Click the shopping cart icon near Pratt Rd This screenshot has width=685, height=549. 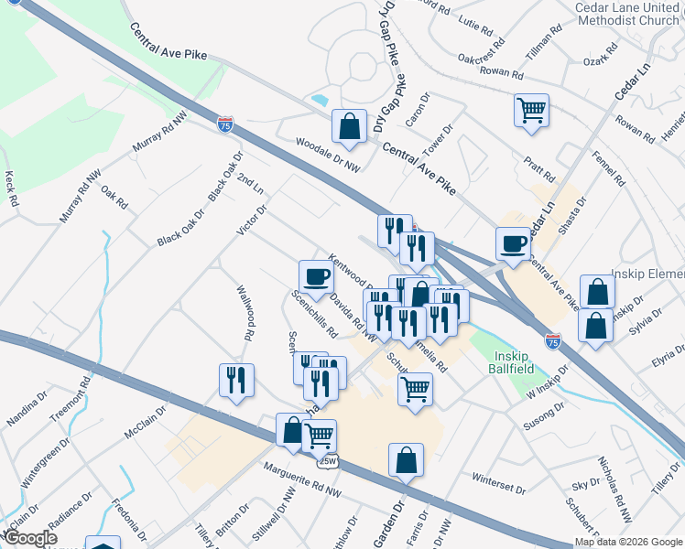point(531,112)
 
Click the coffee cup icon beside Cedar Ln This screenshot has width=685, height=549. point(513,243)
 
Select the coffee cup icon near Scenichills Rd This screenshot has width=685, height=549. point(316,276)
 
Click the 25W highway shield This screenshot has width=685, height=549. point(327,462)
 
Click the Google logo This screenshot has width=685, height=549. point(29,538)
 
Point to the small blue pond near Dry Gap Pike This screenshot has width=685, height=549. point(320,99)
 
